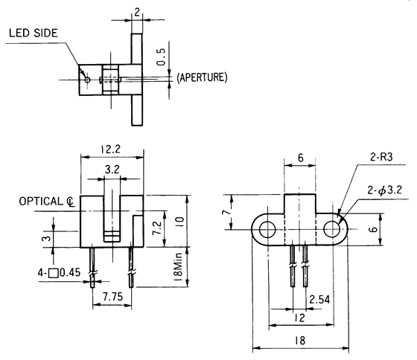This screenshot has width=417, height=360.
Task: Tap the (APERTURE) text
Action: [202, 77]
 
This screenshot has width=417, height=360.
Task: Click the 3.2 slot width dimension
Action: [112, 170]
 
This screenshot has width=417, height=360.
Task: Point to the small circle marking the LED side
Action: [87, 78]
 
